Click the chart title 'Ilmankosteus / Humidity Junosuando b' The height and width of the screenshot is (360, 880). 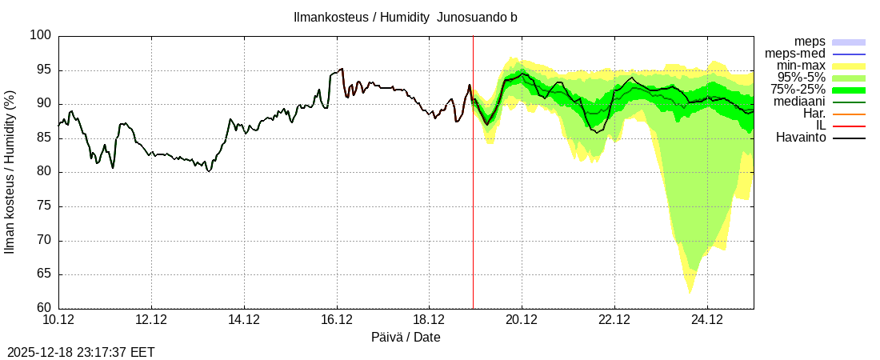[406, 17]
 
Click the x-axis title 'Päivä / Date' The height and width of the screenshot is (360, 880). [406, 337]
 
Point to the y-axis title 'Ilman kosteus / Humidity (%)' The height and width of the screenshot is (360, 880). [10, 172]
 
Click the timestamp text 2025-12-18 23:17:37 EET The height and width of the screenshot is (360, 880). [81, 352]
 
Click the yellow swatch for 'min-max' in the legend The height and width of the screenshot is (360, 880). [849, 66]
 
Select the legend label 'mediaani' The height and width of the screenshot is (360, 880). [799, 102]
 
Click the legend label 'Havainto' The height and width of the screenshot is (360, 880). [801, 138]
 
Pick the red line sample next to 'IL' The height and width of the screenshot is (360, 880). [849, 126]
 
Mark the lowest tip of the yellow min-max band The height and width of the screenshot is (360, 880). [690, 294]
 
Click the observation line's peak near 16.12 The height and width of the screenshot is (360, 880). [342, 69]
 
